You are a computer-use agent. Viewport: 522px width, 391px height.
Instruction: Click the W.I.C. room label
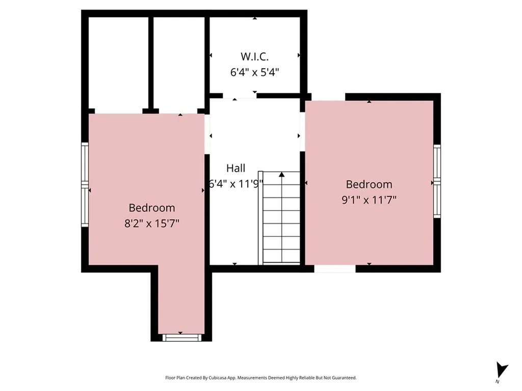click(x=254, y=56)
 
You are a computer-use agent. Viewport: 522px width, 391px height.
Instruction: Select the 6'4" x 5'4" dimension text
click(x=254, y=72)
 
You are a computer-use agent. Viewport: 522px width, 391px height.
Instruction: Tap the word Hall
click(x=236, y=168)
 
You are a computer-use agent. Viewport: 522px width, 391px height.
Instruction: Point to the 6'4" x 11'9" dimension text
click(x=236, y=184)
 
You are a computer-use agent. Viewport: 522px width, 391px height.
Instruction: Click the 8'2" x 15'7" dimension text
click(x=151, y=224)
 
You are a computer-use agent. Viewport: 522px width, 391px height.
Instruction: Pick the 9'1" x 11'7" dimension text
click(x=369, y=200)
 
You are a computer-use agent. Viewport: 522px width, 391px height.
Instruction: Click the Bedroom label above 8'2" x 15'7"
click(x=151, y=208)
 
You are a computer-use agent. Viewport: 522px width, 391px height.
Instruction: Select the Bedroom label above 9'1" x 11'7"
click(x=369, y=184)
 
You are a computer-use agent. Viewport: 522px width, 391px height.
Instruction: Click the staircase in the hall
click(x=281, y=219)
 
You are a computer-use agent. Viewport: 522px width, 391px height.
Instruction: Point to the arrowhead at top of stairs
click(x=281, y=175)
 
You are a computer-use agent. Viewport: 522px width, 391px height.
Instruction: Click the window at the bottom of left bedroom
click(x=181, y=337)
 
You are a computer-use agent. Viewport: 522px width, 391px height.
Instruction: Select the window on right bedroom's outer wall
click(x=437, y=181)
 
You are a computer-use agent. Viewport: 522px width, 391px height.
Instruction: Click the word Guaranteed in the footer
click(x=344, y=378)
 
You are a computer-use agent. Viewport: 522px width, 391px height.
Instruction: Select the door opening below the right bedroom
click(x=334, y=268)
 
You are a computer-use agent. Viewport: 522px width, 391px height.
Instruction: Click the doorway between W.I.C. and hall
click(x=239, y=96)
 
